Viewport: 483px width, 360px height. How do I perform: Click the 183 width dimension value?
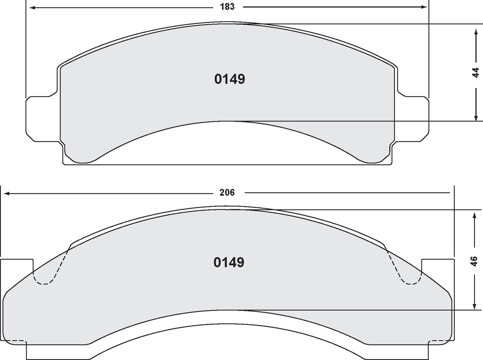(227, 7)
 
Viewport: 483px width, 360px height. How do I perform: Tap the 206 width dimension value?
(227, 193)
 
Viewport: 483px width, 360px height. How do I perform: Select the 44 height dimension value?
(476, 72)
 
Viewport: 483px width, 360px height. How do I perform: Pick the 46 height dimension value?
(475, 261)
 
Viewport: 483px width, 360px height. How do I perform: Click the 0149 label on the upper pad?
(230, 79)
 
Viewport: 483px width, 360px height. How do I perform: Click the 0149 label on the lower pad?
(229, 262)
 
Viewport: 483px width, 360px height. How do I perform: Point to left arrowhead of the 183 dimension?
(32, 7)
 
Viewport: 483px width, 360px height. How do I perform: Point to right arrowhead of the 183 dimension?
(424, 7)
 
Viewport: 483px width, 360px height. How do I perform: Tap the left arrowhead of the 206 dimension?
(6, 193)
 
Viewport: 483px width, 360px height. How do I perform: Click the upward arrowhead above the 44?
(476, 33)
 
